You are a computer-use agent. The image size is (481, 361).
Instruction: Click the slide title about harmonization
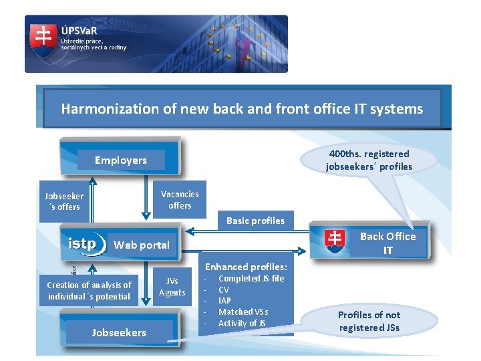[242, 108]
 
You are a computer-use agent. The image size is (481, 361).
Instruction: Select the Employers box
[121, 160]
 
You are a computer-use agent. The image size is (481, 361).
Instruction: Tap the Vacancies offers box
[180, 200]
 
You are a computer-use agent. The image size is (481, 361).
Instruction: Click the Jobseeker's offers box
[64, 201]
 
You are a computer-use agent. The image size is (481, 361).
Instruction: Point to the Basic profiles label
[255, 221]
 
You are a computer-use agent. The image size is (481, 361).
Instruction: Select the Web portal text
[142, 245]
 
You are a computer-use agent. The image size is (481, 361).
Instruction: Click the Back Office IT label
[387, 243]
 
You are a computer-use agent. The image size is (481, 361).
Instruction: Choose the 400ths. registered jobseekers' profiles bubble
[369, 160]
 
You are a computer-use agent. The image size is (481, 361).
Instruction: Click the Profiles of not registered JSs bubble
[369, 321]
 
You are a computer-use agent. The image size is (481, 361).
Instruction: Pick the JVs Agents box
[172, 287]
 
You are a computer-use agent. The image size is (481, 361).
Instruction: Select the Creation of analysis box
[89, 291]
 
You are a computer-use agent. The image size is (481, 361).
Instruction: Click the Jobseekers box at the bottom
[120, 332]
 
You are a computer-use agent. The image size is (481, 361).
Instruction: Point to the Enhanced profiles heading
[246, 267]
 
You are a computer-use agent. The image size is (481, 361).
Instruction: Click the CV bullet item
[224, 289]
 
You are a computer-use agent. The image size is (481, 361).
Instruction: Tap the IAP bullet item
[224, 301]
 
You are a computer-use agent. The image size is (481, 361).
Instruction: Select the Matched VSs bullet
[243, 312]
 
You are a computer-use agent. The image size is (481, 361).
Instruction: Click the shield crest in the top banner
[43, 41]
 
